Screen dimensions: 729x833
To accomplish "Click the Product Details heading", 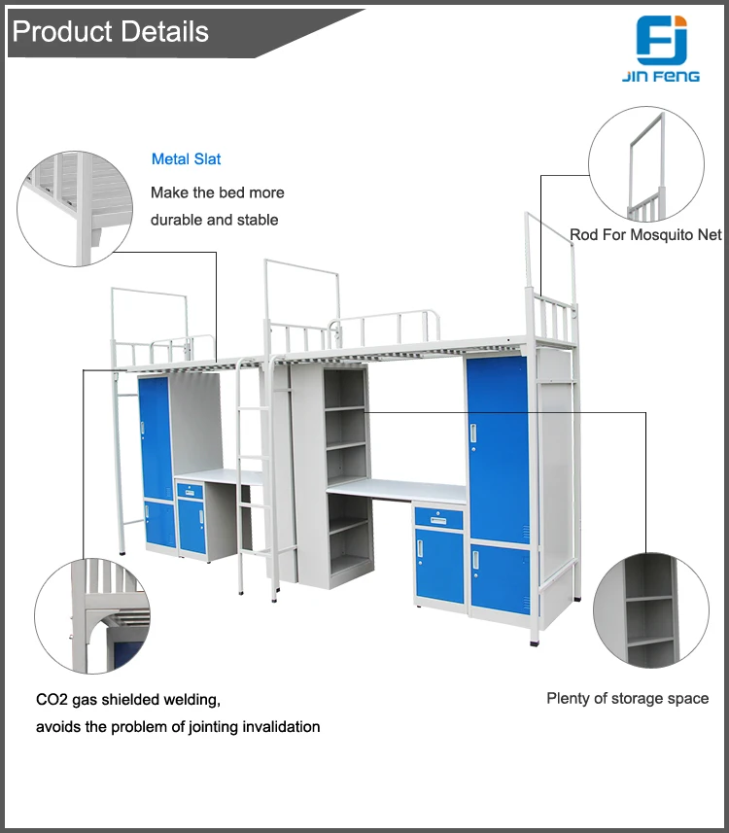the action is (x=110, y=32).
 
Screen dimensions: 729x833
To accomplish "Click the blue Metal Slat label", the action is (x=187, y=158).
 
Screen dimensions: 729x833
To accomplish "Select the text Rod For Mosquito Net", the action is (x=645, y=234).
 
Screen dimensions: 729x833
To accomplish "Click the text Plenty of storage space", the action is (x=627, y=698).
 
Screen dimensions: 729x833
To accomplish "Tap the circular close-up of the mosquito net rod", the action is (x=645, y=164).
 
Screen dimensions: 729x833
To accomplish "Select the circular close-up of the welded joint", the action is (x=92, y=615).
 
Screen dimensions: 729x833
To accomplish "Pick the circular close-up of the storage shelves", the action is (x=649, y=612).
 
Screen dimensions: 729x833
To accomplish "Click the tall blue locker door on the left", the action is (x=156, y=437).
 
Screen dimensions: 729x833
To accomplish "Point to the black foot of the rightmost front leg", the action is (x=535, y=642).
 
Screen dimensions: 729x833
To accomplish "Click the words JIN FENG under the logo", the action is (x=661, y=76).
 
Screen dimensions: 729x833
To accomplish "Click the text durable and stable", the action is (x=214, y=220).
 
